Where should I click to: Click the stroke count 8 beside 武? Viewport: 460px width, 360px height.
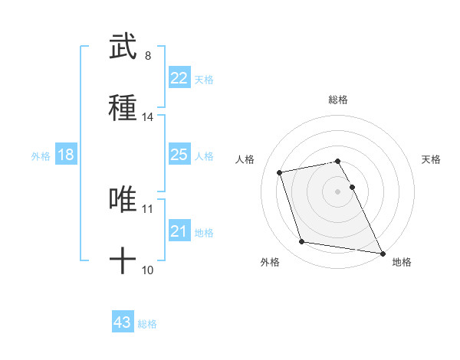[x=147, y=56]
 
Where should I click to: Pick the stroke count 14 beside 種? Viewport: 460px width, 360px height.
[x=148, y=117]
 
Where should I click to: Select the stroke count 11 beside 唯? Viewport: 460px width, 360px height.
[x=148, y=208]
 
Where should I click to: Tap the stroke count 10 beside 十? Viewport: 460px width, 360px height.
[x=148, y=270]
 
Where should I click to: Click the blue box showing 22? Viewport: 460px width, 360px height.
[x=179, y=78]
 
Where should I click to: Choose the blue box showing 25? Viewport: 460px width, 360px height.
[x=179, y=155]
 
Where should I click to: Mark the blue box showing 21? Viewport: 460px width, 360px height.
[x=179, y=231]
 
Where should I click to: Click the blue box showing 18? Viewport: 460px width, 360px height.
[x=66, y=155]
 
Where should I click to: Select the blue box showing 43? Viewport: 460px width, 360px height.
[x=123, y=322]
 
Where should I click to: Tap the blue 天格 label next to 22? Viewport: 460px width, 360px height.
[x=204, y=80]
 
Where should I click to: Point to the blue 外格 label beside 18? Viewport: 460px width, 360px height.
[x=41, y=156]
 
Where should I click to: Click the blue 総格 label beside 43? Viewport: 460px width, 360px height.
[x=147, y=324]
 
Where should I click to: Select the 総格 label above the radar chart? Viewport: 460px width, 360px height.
[x=338, y=100]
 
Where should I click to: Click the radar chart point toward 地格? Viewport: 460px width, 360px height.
[x=382, y=252]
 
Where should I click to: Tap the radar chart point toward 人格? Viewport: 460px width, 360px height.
[x=280, y=172]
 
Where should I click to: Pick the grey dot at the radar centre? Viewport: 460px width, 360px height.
[x=338, y=191]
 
